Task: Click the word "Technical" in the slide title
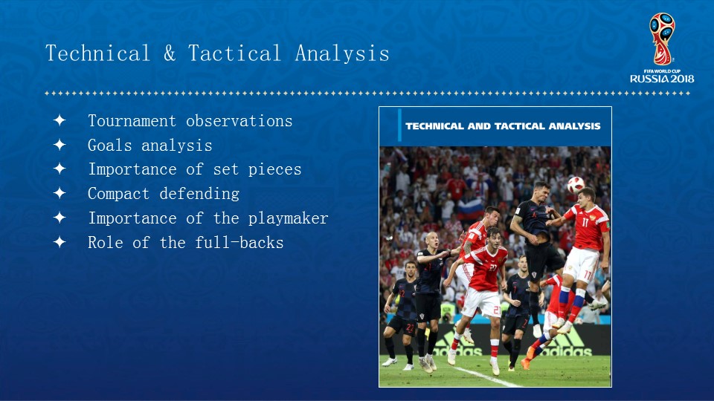(x=98, y=53)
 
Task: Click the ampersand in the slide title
(x=170, y=53)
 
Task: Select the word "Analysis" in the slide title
(x=342, y=53)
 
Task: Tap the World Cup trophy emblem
(x=662, y=39)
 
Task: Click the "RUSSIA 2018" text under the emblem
(x=662, y=79)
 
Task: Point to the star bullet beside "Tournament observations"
(x=59, y=120)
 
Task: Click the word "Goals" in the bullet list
(x=110, y=146)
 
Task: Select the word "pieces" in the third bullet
(x=274, y=169)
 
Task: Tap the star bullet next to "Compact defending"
(x=59, y=193)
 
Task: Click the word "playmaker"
(x=289, y=218)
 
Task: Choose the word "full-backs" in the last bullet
(x=239, y=242)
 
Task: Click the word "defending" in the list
(x=199, y=194)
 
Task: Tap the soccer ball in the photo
(x=576, y=185)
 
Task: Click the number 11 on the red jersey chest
(x=585, y=222)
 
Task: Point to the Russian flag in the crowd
(x=470, y=209)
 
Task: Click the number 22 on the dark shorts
(x=411, y=327)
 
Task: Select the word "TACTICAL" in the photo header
(x=519, y=126)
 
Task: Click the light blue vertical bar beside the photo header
(x=399, y=125)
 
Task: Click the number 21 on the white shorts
(x=497, y=310)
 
